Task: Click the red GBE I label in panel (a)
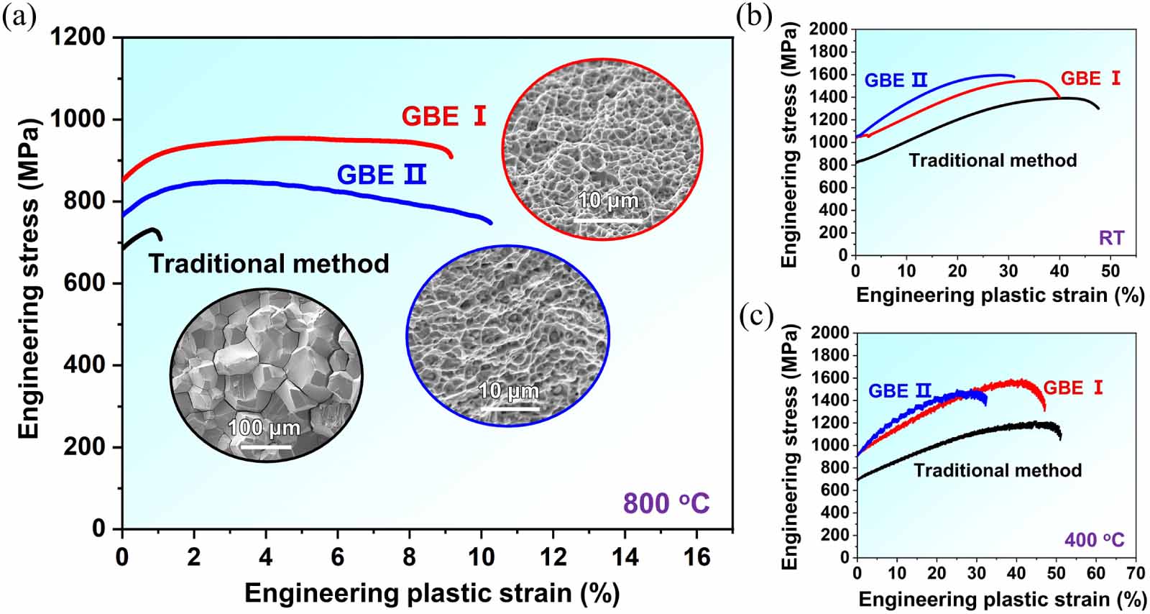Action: (443, 116)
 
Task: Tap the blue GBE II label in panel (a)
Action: (382, 175)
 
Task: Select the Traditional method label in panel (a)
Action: (269, 264)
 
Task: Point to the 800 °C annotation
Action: (666, 503)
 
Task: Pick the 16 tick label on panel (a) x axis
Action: (696, 556)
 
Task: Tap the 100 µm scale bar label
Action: (264, 427)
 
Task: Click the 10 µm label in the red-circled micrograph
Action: (608, 200)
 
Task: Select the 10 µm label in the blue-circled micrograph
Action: (509, 391)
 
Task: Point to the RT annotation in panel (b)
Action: (1111, 238)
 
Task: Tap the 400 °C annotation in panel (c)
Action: (1095, 540)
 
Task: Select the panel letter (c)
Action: (756, 317)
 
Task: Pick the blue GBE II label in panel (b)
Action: (896, 81)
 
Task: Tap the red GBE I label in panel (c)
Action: (1073, 388)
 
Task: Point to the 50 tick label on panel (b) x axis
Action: (1110, 270)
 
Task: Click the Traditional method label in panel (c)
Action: (998, 470)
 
